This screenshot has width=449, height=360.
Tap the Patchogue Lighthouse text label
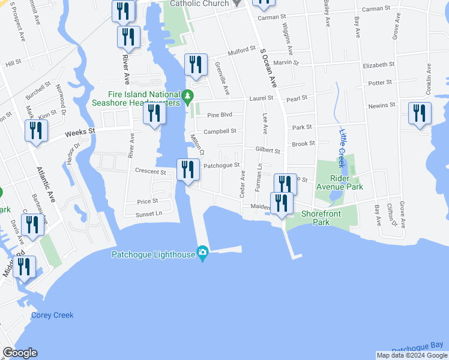[x=154, y=254]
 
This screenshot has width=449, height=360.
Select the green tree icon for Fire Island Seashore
[x=188, y=95]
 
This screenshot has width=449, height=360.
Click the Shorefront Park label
[x=322, y=217]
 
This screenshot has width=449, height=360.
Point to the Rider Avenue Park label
[x=355, y=182]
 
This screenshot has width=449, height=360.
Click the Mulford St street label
[x=241, y=52]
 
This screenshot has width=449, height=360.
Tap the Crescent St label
[x=149, y=170]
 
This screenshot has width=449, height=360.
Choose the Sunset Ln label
[x=149, y=213]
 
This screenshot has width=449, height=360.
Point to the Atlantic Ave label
[x=46, y=185]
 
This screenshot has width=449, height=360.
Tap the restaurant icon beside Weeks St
[x=36, y=131]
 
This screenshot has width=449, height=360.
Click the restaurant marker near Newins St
[x=419, y=113]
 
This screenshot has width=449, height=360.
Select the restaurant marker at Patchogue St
[x=188, y=170]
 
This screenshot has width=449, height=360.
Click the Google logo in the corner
[x=19, y=353]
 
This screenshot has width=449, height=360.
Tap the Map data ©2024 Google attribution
[x=411, y=355]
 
